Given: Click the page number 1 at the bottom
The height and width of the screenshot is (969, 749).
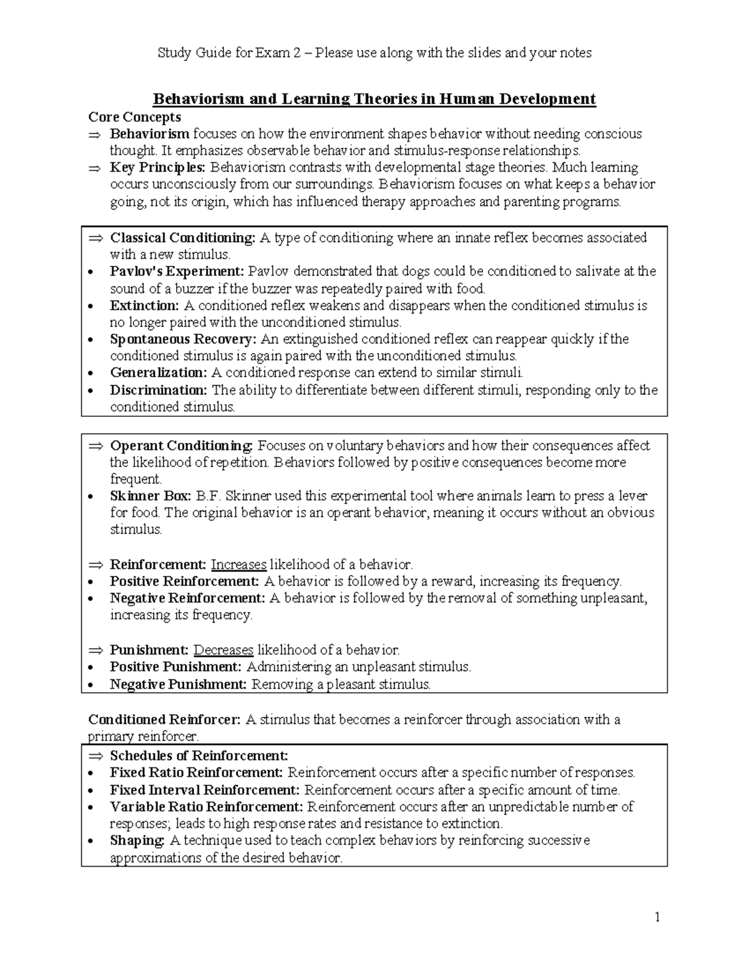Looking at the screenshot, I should click(657, 917).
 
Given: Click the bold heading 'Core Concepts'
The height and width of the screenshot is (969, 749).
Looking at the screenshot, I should click(134, 117).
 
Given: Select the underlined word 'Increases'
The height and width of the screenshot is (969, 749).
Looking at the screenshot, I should click(238, 565).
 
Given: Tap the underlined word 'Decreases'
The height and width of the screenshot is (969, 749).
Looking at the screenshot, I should click(223, 650).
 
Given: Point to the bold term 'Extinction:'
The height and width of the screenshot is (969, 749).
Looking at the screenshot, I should click(144, 306).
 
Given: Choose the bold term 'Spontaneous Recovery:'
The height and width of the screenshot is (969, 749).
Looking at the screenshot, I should click(183, 339).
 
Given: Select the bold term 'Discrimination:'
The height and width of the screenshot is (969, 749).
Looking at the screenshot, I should click(158, 391).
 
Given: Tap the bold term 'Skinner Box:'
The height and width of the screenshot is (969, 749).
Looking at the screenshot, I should click(150, 496).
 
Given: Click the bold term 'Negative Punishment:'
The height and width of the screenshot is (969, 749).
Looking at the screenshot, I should click(179, 684).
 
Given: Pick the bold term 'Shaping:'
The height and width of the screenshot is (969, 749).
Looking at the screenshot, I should click(137, 840).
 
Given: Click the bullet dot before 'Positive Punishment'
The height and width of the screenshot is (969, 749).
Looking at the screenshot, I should click(92, 668).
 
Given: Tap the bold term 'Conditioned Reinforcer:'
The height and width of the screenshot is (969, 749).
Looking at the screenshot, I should click(164, 719).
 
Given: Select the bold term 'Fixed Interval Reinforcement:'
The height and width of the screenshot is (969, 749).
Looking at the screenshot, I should click(205, 790).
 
